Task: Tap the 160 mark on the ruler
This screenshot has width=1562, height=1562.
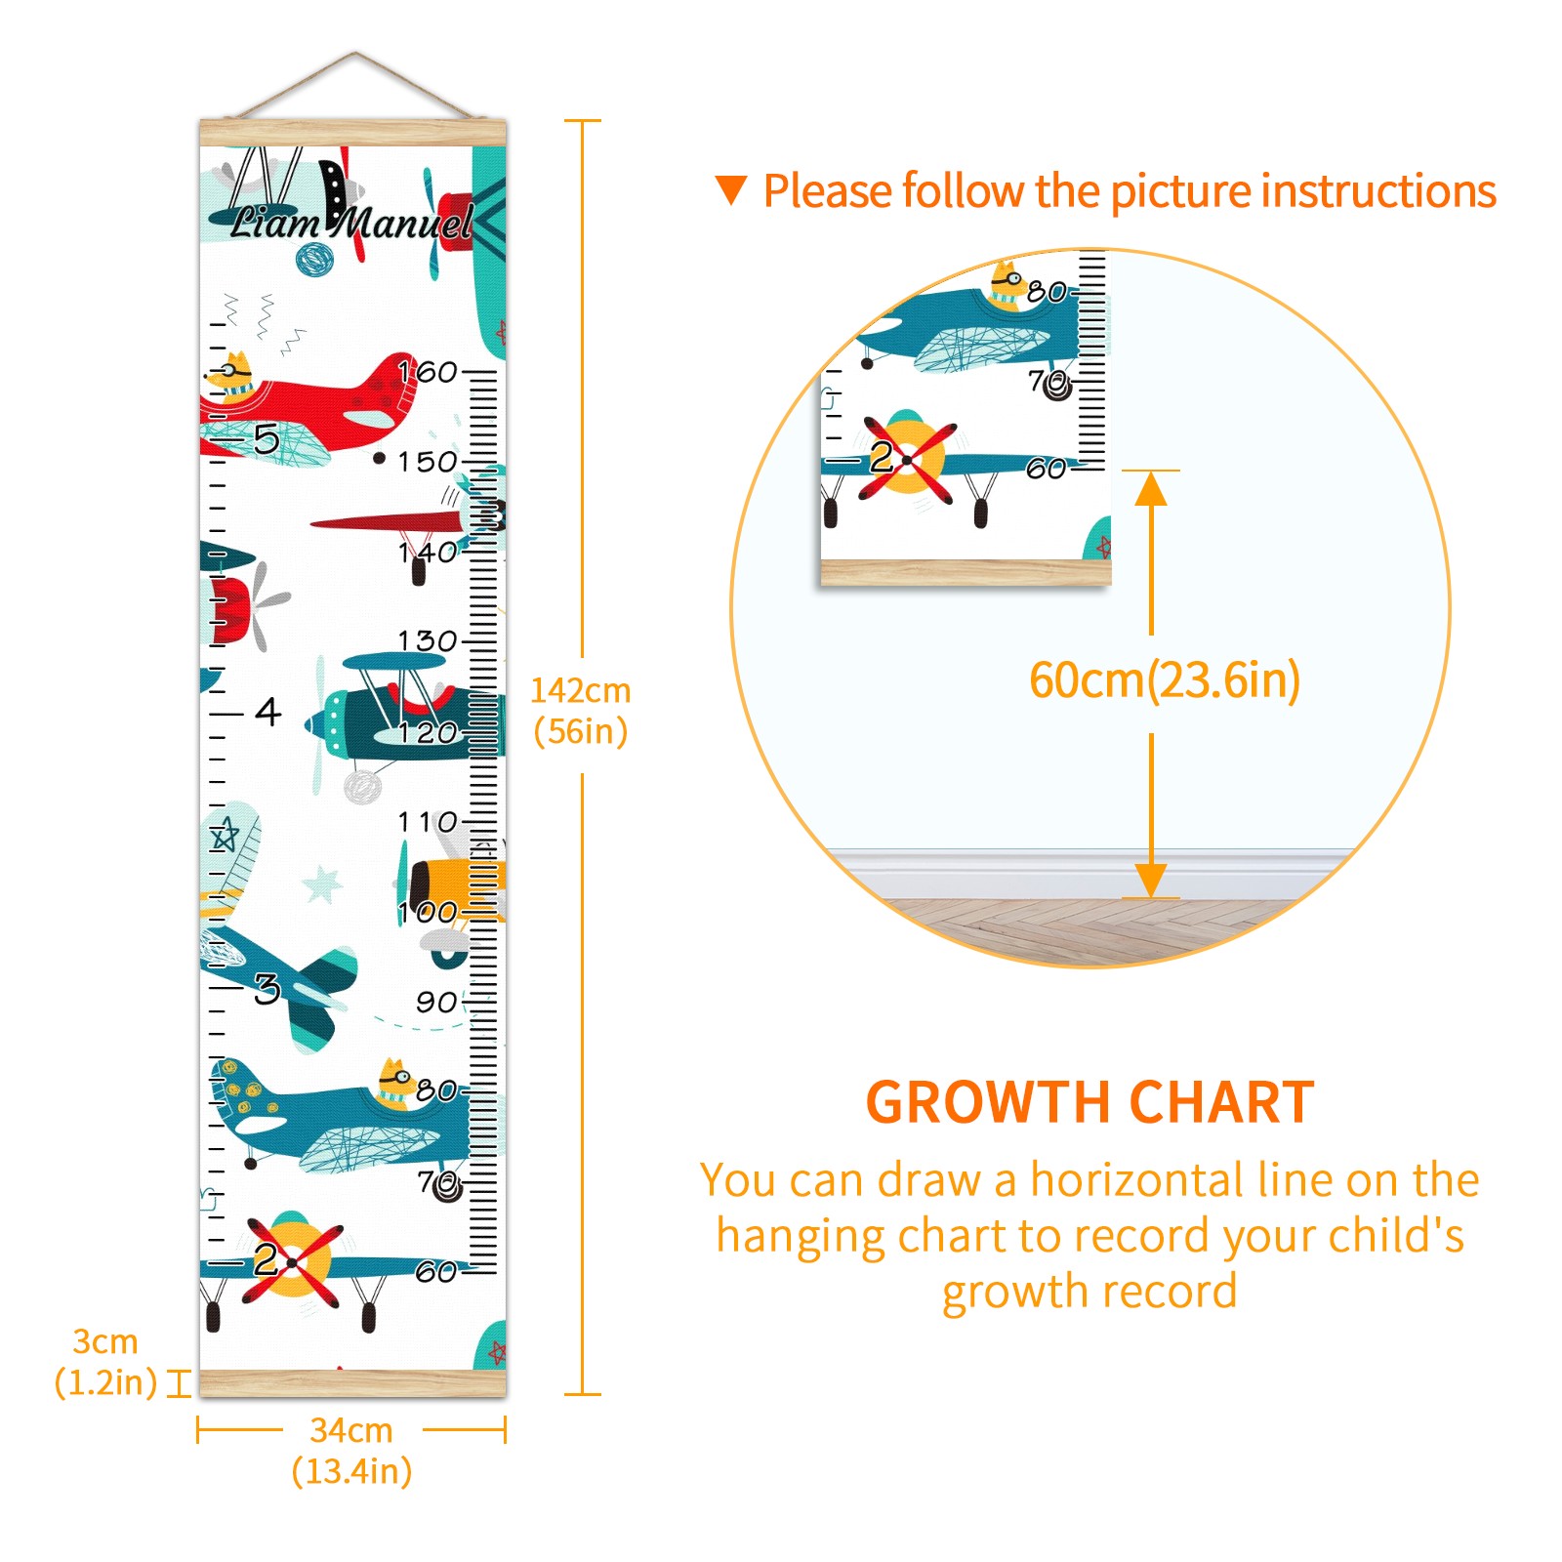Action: click(428, 372)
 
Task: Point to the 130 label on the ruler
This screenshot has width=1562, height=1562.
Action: click(428, 640)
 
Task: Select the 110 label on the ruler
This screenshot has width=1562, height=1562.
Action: click(428, 822)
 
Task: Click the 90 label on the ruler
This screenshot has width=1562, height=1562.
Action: click(436, 1002)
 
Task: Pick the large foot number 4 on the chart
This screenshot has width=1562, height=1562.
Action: click(268, 711)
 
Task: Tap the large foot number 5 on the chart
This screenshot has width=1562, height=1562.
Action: click(267, 439)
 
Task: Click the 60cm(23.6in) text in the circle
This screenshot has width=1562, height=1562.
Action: click(1165, 679)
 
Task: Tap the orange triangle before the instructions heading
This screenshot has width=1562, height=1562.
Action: click(731, 189)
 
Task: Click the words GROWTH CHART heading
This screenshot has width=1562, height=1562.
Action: click(1090, 1102)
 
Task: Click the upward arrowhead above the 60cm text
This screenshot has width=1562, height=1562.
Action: click(1151, 488)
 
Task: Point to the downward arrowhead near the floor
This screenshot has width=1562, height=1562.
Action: click(1151, 881)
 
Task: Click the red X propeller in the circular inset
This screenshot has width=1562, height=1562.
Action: click(908, 459)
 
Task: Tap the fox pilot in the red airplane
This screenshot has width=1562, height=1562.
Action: click(232, 377)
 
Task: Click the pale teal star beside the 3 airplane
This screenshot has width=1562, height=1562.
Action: click(322, 884)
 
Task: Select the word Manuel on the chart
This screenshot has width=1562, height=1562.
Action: click(402, 221)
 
